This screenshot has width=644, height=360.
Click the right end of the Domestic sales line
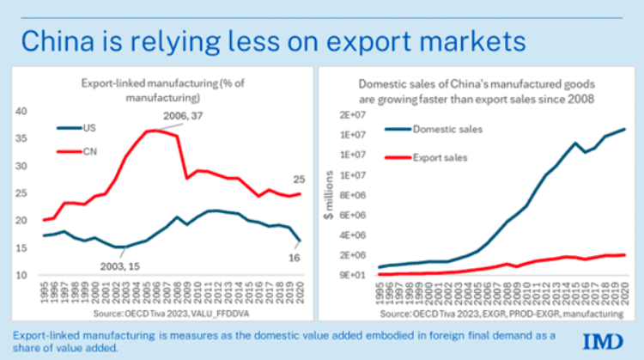(x=624, y=129)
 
